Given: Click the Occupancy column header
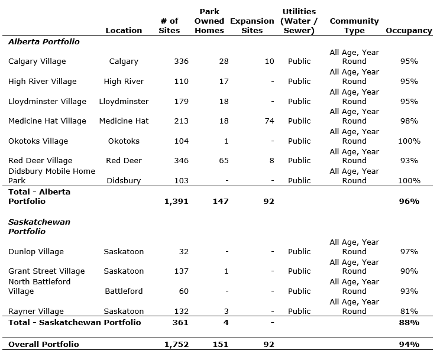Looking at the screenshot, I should pos(409,31).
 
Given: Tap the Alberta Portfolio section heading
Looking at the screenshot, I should pos(44,42).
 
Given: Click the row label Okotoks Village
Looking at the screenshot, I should pos(38,141).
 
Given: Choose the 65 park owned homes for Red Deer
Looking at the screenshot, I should pos(223,161).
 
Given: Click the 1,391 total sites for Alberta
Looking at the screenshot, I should pos(176,202).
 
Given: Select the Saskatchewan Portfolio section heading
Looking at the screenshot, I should pos(39,227).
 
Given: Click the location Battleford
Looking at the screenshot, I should pos(124,291).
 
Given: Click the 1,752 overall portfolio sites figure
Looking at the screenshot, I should pos(176,345).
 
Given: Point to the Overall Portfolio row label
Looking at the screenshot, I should pos(43,345).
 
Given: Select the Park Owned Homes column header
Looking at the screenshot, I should pos(209,21).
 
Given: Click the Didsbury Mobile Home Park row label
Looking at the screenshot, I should pos(51,176).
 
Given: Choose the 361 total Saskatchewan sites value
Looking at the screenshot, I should pos(179,323).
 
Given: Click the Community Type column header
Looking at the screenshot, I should pos(354,26).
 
